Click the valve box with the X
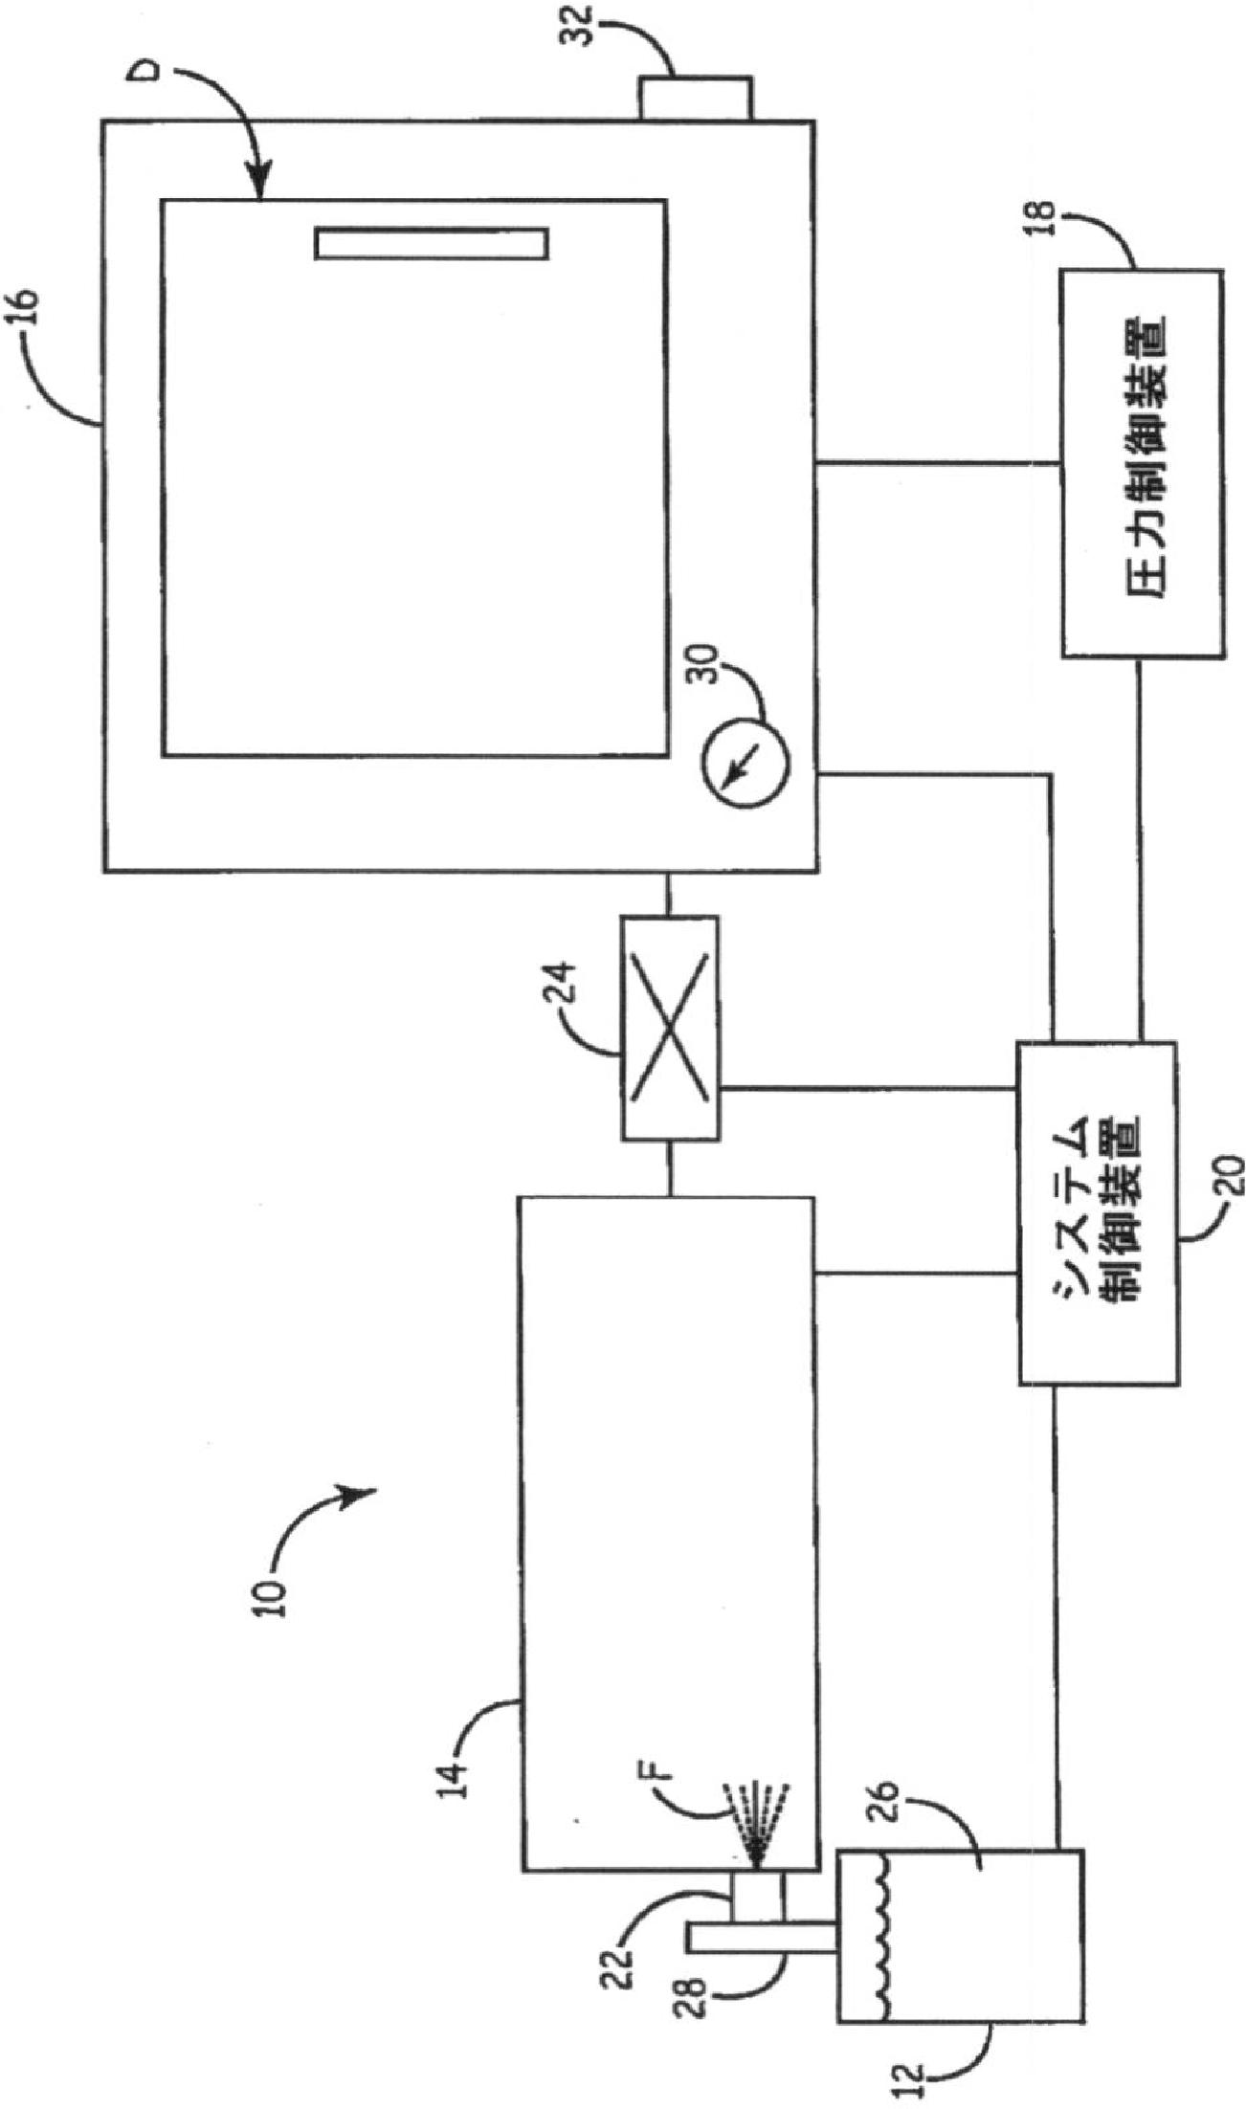(669, 1028)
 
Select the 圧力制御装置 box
(1142, 463)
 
